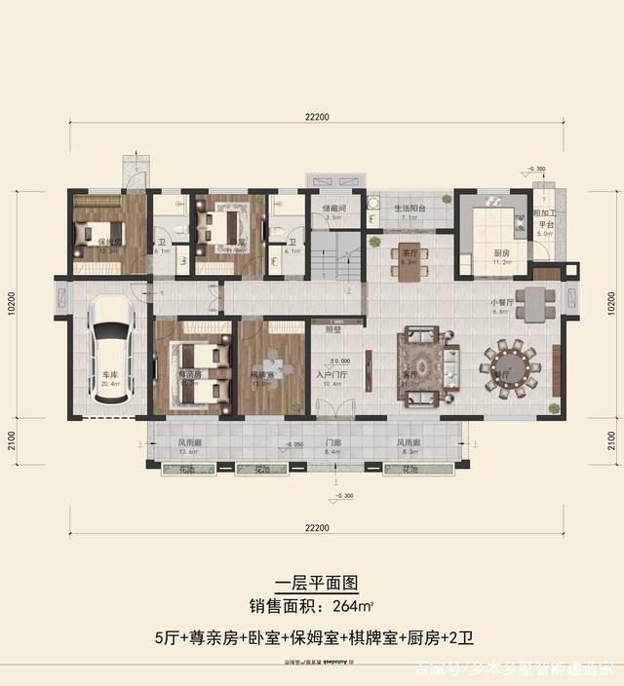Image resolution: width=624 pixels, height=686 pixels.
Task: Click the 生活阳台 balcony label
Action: click(409, 208)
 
